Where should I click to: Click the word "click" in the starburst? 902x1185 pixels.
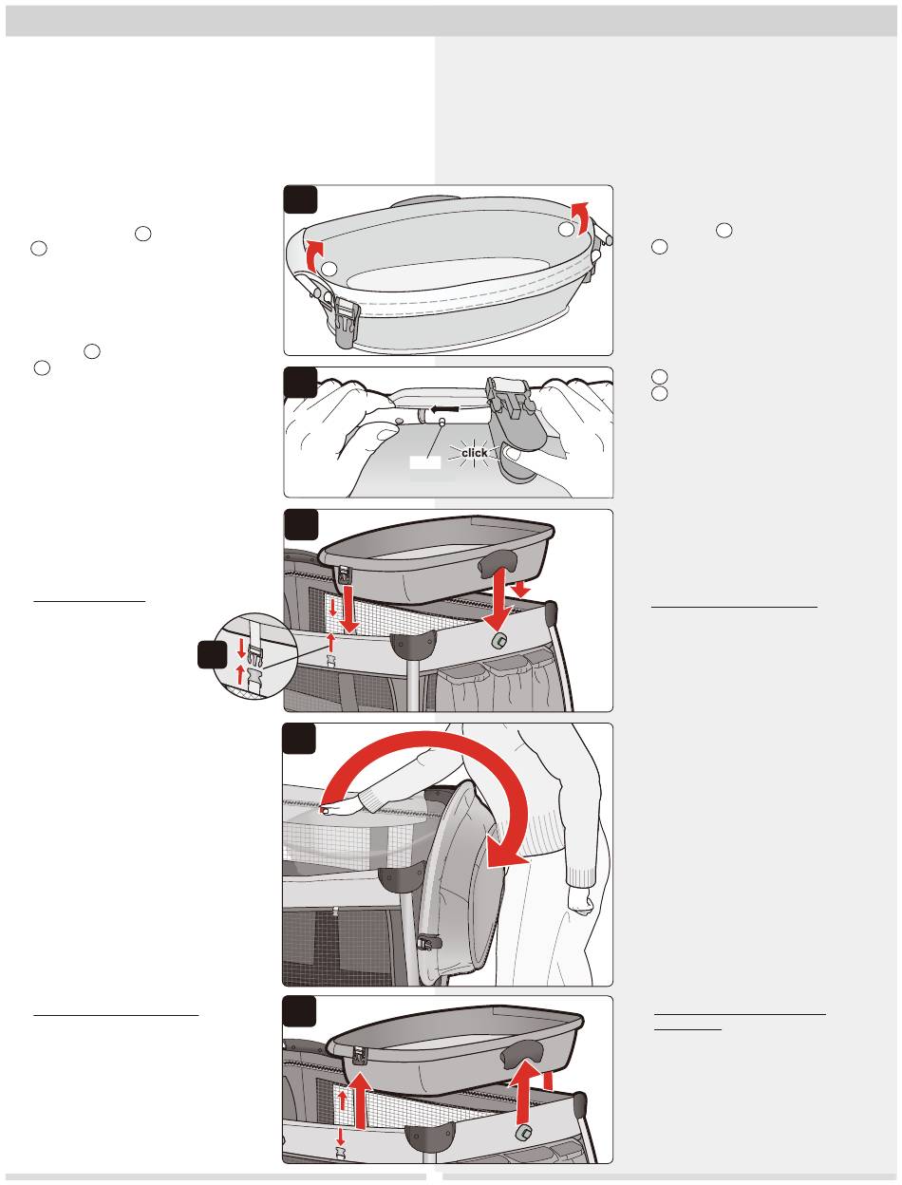coord(474,452)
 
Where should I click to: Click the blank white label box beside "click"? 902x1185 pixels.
coord(425,462)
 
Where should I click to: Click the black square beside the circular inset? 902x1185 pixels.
coord(212,655)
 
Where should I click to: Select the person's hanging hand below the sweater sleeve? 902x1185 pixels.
coord(580,899)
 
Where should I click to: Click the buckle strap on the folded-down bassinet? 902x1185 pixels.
coord(429,942)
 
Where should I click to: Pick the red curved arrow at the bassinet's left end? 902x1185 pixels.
coord(314,255)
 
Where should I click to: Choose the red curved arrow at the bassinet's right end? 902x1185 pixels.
coord(581,217)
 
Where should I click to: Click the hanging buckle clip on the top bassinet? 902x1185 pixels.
coord(345,322)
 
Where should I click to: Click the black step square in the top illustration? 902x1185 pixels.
coord(300,199)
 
